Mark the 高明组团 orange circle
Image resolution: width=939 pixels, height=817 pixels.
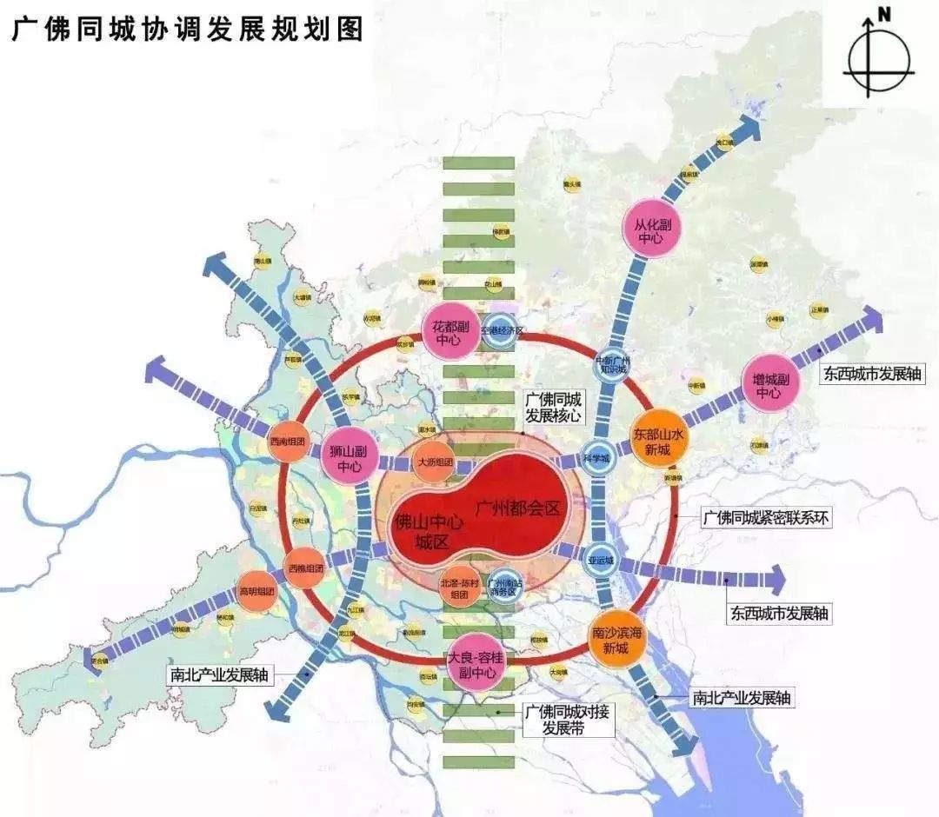click(257, 591)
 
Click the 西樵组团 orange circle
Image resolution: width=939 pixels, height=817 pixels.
click(305, 568)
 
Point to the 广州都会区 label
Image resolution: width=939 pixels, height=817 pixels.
click(517, 508)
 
